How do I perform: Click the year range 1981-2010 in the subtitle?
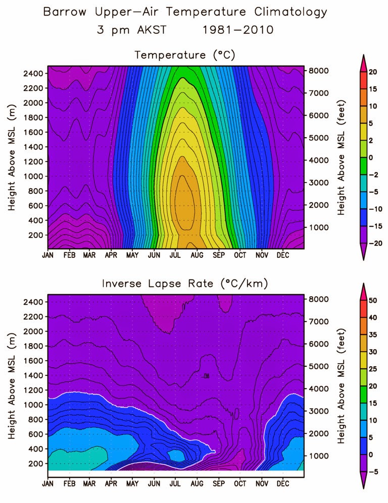pos(238,30)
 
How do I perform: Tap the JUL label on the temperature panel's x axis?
pos(175,255)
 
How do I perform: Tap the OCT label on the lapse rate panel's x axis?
pos(240,484)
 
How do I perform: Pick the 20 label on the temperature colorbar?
pos(373,73)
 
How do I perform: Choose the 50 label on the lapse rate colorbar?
pos(373,301)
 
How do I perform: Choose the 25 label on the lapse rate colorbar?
pos(373,369)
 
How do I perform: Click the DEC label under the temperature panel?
pos(282,255)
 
